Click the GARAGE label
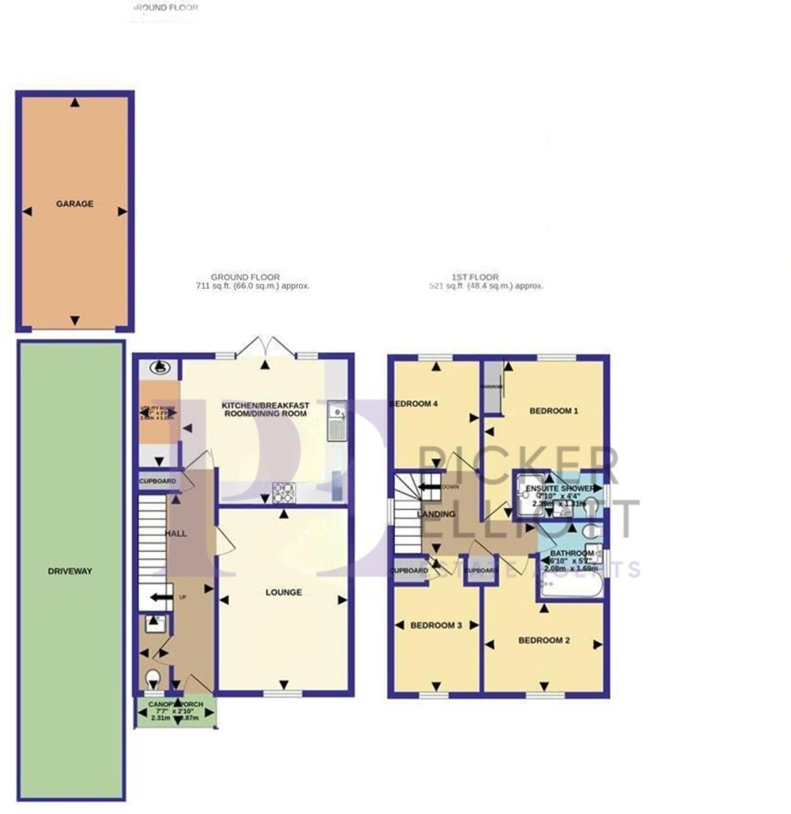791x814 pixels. [75, 204]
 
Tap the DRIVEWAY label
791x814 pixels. [70, 571]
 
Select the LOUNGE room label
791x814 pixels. [284, 592]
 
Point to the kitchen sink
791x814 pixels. [337, 420]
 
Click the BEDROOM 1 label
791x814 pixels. [554, 411]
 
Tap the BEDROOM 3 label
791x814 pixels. [436, 626]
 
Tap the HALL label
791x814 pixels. [176, 534]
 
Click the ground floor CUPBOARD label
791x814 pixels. [158, 481]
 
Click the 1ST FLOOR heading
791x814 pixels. [475, 277]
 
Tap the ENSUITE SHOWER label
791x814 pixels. [560, 488]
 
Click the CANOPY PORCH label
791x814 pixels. [176, 704]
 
